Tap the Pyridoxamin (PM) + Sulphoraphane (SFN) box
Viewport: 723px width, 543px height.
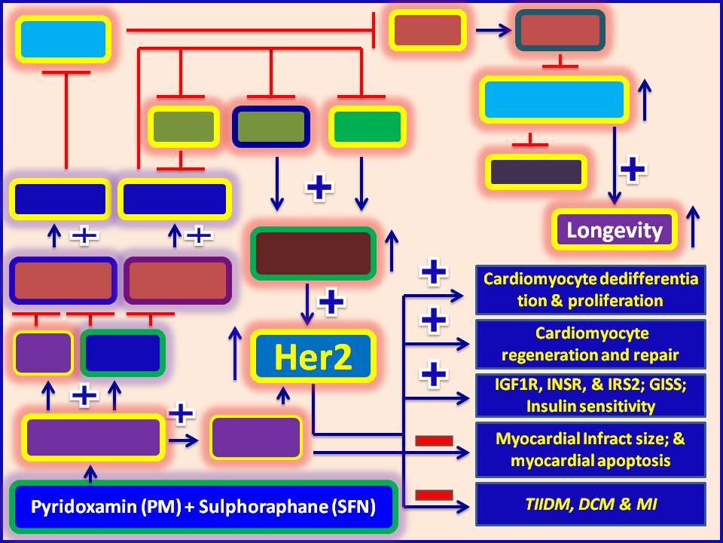coord(203,506)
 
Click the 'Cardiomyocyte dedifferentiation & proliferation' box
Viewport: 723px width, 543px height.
coord(590,290)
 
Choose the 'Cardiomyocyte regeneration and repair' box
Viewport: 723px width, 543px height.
coord(590,344)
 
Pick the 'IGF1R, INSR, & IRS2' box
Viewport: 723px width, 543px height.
coord(590,396)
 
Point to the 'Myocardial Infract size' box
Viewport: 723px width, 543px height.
coord(590,449)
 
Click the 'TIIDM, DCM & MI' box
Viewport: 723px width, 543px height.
coord(590,503)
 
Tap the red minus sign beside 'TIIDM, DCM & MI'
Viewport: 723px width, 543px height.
coord(434,495)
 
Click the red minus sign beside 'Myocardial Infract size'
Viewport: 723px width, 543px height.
coord(434,440)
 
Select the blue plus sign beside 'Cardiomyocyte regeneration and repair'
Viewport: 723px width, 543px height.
coord(434,320)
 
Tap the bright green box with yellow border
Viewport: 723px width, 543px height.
coord(368,126)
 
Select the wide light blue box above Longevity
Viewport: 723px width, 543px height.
coord(554,99)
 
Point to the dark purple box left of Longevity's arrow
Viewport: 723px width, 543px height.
coord(535,172)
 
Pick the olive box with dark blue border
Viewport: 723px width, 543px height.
coord(271,126)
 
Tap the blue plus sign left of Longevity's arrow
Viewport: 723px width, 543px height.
coord(633,169)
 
